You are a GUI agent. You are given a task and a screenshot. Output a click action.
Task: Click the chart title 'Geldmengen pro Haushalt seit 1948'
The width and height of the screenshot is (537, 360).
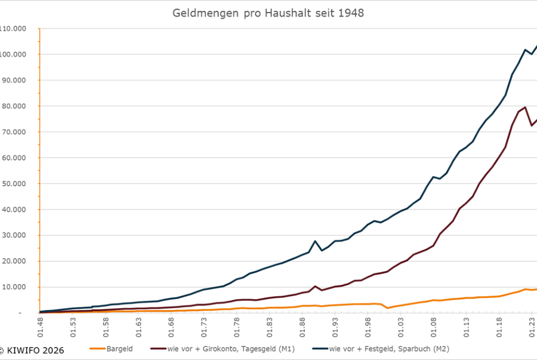[x=268, y=13]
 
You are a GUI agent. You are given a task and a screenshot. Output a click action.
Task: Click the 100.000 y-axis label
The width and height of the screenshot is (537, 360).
[x=16, y=54]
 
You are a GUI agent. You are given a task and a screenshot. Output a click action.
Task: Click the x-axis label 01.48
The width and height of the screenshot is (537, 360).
[x=40, y=328]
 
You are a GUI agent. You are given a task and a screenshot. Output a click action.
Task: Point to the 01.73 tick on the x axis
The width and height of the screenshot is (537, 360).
[x=203, y=328]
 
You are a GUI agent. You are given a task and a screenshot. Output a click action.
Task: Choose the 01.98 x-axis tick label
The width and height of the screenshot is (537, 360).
[x=368, y=328]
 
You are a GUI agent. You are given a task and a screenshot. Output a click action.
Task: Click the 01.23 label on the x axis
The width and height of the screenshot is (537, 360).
[x=531, y=328]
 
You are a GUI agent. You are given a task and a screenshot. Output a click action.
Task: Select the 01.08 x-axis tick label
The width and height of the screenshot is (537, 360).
[x=433, y=328]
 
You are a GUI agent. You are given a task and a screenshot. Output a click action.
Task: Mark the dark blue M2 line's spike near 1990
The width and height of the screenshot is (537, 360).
[x=315, y=241]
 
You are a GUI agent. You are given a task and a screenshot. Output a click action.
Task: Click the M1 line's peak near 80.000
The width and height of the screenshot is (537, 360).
[x=525, y=107]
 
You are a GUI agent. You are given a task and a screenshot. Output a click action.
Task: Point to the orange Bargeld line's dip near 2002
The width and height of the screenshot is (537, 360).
[x=387, y=308]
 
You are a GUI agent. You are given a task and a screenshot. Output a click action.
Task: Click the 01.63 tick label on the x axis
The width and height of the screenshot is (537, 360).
[x=138, y=328]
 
